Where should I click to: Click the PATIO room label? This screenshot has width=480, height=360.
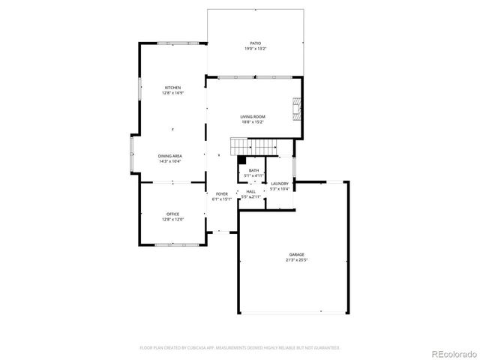point(255,43)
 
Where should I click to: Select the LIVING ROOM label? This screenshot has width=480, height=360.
point(253,117)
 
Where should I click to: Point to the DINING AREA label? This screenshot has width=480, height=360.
point(170,156)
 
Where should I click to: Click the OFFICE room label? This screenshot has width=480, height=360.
point(172,214)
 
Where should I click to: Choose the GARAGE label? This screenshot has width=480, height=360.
point(297,255)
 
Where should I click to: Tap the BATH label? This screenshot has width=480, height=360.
point(254,170)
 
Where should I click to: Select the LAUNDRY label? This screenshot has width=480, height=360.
point(280,184)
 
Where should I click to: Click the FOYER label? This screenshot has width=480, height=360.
point(222,194)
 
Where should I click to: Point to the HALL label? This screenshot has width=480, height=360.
point(250,192)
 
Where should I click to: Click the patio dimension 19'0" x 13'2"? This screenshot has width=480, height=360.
point(255,49)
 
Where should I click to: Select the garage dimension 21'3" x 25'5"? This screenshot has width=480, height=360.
point(297,260)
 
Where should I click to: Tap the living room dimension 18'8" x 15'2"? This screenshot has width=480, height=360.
point(253,122)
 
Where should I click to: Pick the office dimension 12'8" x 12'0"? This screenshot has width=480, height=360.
point(172,220)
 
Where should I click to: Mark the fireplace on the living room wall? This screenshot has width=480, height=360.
point(298,109)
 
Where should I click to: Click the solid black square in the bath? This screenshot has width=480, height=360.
point(241,159)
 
